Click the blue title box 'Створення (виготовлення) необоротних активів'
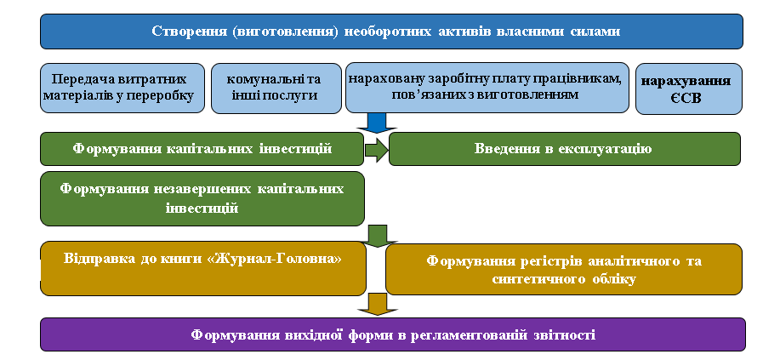coord(391,31)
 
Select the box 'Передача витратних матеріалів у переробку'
coord(122,89)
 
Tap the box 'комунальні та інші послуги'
coord(276,89)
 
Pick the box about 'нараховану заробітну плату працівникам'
coord(487,88)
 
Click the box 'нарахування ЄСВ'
coord(689,89)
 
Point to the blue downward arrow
coord(377,123)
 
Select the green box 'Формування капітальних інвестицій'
coord(202,148)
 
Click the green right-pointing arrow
coord(377,150)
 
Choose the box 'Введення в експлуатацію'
coord(565,148)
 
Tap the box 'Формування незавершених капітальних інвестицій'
coord(202,198)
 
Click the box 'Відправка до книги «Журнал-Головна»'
coord(203,268)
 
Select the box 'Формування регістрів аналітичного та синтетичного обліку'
coord(564,270)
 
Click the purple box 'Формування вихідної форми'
coord(393,334)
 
